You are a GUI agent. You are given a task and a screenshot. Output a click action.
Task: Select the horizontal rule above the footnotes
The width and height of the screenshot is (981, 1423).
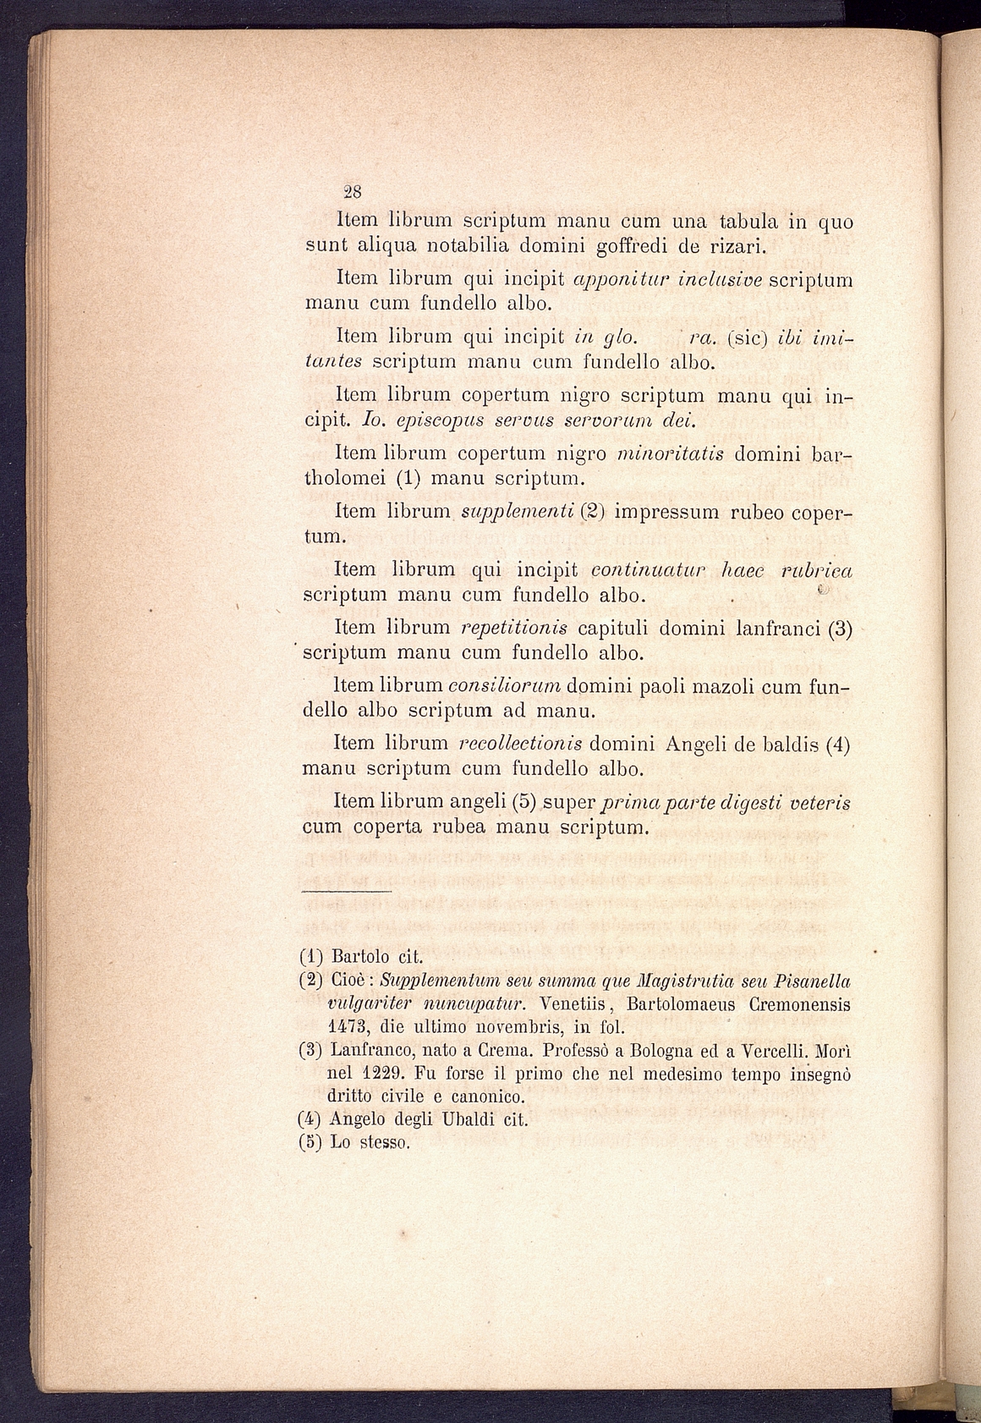[347, 890]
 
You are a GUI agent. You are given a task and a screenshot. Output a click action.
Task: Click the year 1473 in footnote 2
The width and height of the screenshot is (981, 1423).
[348, 1028]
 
